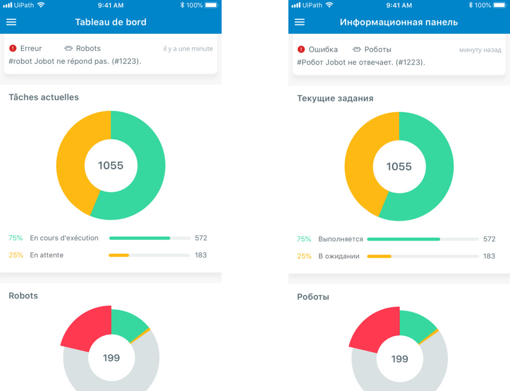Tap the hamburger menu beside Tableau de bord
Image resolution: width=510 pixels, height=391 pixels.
pos(11,22)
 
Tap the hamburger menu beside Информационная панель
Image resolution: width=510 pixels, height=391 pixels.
pos(300,22)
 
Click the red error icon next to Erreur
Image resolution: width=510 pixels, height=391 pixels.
pos(13,48)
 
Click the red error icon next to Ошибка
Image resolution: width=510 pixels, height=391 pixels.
pos(301,49)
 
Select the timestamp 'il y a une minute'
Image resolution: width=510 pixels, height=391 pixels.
pos(188,49)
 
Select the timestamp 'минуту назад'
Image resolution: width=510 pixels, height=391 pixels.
pos(480,50)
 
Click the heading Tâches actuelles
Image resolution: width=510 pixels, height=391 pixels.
pos(44,97)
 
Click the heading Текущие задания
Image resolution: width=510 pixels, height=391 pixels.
pos(335,98)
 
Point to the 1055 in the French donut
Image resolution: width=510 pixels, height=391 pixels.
pos(111,165)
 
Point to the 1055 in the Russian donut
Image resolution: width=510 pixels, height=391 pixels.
pos(399,166)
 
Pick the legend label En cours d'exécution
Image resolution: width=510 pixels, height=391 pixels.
pos(64,238)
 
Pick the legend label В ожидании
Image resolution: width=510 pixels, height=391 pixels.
pos(339,256)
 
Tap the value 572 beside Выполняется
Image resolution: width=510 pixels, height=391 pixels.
pos(489,239)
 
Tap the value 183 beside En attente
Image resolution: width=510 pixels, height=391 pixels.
pos(201,255)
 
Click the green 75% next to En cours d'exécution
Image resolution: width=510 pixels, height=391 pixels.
pos(16,238)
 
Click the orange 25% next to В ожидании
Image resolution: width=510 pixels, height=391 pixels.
pos(304,256)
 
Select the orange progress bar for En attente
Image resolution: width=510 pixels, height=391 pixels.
pos(119,255)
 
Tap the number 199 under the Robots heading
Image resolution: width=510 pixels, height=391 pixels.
pos(111,358)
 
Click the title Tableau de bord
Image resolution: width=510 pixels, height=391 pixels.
pos(111,22)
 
